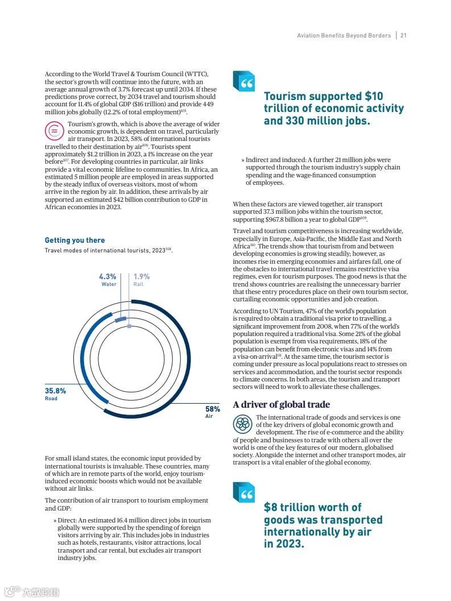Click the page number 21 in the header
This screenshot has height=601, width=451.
pos(403,35)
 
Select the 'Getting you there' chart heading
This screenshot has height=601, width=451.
pos(75,241)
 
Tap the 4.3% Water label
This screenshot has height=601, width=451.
pos(107,280)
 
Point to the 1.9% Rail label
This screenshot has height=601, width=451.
pos(142,280)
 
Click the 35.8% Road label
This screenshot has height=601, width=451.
pos(55,394)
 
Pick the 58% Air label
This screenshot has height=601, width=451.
pos(212,412)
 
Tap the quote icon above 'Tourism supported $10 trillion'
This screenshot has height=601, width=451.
pos(244,81)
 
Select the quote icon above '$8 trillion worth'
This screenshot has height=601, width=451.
pos(244,492)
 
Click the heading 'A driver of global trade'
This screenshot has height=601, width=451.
pos(281,405)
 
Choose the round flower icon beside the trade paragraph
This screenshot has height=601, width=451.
pos(243,424)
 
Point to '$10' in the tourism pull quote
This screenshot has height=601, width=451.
pos(374,97)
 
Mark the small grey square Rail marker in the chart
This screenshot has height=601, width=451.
pos(129,326)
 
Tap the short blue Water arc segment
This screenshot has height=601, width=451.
pos(119,320)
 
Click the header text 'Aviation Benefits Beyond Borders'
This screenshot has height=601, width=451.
pos(344,35)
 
